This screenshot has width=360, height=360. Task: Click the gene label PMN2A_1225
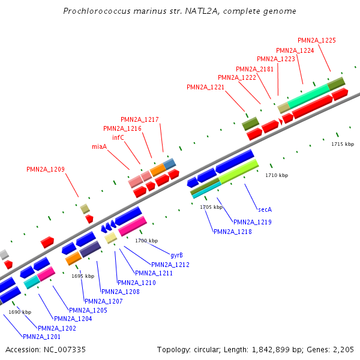[316, 40]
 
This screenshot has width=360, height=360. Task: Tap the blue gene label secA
[265, 209]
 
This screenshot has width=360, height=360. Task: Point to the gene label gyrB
[176, 255]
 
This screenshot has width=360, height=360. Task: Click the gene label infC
[118, 137]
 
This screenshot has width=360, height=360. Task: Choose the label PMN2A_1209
[46, 169]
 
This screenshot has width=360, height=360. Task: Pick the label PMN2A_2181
[254, 69]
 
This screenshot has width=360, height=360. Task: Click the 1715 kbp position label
[343, 144]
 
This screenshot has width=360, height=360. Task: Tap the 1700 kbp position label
[146, 241]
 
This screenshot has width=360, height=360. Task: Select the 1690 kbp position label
[19, 312]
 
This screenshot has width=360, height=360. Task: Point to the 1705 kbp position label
[211, 207]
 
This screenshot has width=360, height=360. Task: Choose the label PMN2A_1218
[232, 232]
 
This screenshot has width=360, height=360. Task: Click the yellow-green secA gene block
[239, 172]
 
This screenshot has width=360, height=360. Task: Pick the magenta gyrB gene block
[133, 226]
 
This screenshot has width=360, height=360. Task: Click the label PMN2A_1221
[205, 87]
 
